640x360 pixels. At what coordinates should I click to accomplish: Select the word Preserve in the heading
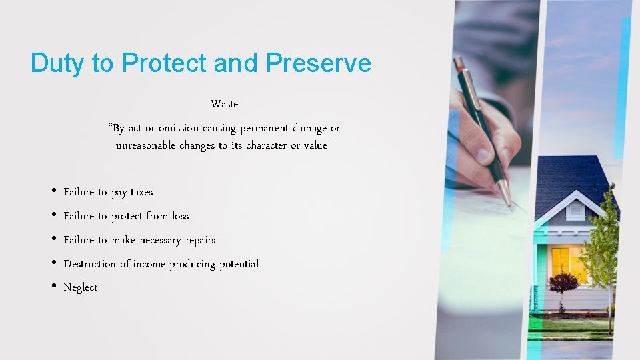coord(318,63)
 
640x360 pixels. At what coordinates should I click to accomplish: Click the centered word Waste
coord(224,104)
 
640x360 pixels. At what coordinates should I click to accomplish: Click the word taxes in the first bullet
coord(141,192)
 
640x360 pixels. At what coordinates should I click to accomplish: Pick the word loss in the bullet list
coord(181,216)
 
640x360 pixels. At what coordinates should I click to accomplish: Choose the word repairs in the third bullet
coord(200,240)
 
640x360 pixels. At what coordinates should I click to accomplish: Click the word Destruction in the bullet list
coord(89,264)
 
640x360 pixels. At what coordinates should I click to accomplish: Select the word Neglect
coord(80,287)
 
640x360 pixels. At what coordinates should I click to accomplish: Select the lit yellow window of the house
coord(567,263)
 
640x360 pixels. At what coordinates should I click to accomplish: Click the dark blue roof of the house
coord(567,173)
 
